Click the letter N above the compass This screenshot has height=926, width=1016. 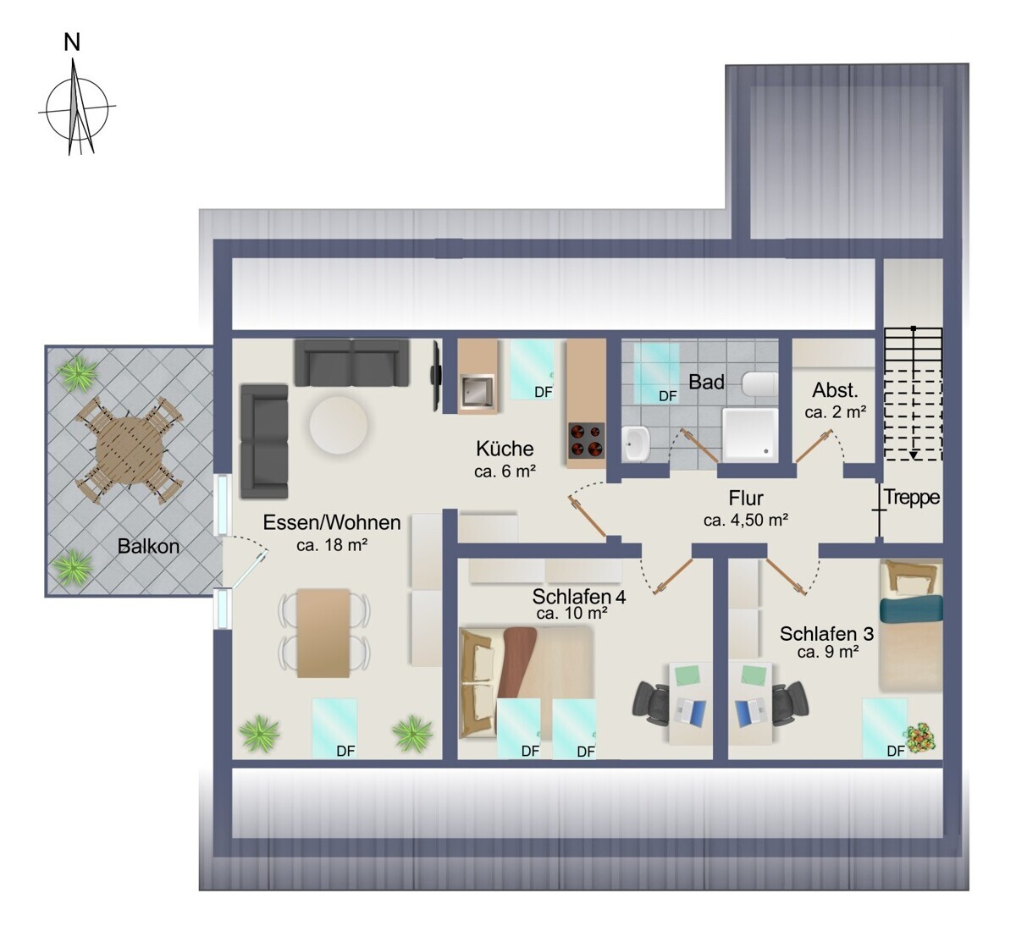[72, 42]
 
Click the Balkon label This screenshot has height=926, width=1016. [148, 546]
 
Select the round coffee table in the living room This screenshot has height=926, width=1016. [339, 425]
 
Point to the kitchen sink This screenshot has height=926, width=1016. [476, 391]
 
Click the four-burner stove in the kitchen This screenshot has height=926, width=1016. [587, 440]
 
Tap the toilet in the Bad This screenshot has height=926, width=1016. [760, 384]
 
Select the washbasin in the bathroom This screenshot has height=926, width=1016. [636, 444]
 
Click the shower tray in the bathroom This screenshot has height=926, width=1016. [750, 435]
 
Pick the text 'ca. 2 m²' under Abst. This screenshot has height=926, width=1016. [835, 412]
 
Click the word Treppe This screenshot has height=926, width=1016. [912, 498]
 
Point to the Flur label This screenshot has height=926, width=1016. [746, 499]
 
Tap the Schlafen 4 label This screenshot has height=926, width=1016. [579, 597]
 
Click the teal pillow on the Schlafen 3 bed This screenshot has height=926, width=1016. [911, 609]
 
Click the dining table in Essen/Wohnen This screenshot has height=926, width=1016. [323, 632]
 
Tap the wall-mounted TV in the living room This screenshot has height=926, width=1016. [435, 375]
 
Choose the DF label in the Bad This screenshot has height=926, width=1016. [668, 396]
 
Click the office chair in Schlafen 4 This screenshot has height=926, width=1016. [651, 706]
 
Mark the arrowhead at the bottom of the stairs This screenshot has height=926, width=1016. [914, 456]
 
